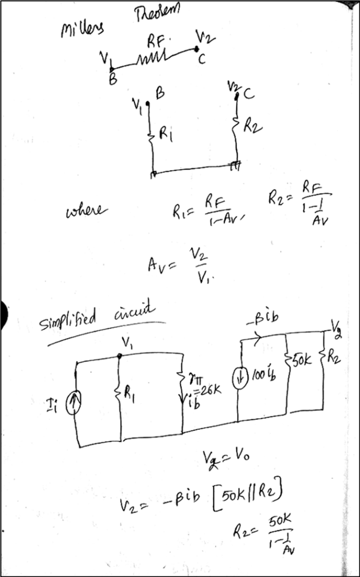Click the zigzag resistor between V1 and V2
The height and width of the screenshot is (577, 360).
pos(153,58)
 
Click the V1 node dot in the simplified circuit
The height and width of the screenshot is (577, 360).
pos(119,356)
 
